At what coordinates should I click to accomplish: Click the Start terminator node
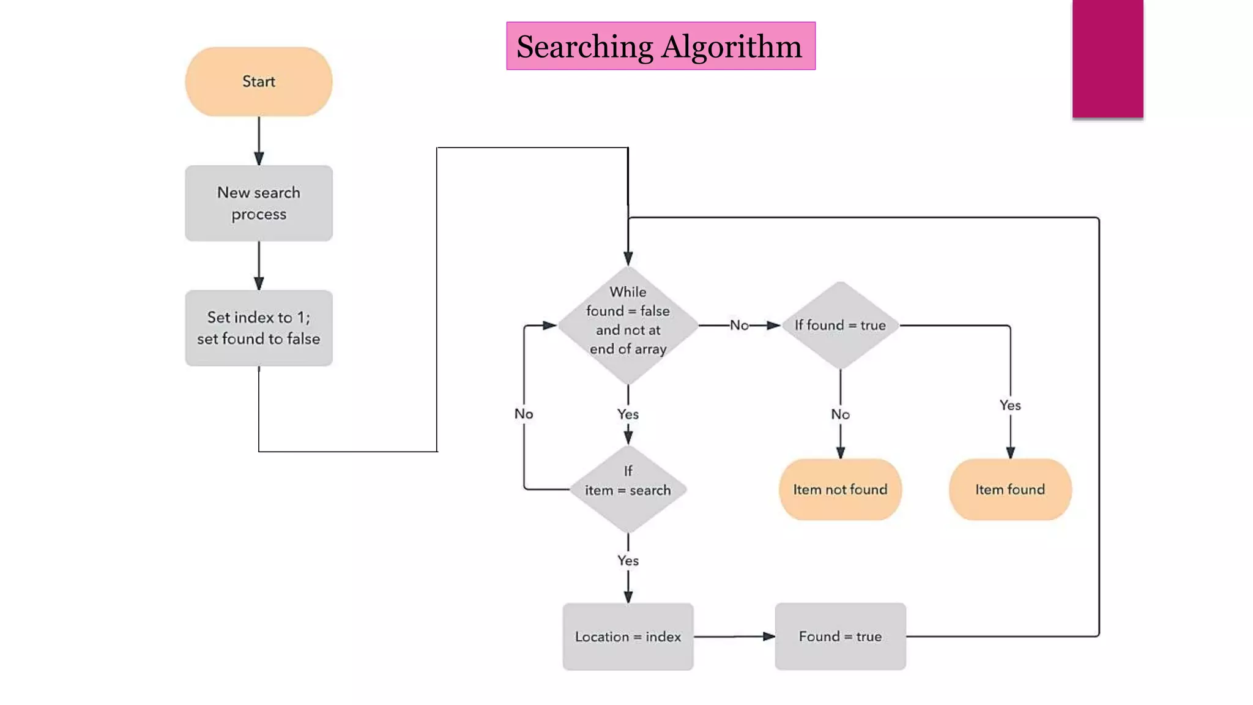(258, 81)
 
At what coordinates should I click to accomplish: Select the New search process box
(258, 203)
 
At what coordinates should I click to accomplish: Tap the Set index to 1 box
(258, 328)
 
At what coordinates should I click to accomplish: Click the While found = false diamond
(628, 324)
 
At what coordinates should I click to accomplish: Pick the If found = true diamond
(840, 325)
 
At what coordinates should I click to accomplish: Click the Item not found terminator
(840, 489)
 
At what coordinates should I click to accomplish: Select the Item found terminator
(1010, 489)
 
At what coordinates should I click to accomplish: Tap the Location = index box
(628, 636)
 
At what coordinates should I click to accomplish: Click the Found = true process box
(840, 636)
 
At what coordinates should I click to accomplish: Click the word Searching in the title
(584, 47)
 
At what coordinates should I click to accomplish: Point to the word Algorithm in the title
(732, 47)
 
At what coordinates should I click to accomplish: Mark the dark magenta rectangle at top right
(1107, 58)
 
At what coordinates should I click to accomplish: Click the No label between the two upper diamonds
(739, 325)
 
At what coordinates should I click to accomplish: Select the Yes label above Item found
(1010, 405)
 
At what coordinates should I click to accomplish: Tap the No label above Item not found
(840, 414)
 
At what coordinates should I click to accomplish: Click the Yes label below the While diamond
(628, 414)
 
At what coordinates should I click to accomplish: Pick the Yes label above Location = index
(628, 561)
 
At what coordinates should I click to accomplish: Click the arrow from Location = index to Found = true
(734, 636)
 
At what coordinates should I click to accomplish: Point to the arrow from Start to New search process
(259, 141)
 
